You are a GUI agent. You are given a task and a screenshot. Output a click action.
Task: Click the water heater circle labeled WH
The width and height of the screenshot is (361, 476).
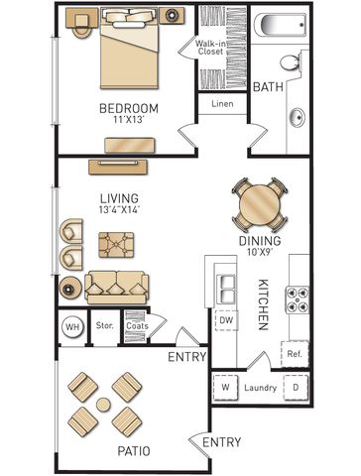tap(72, 327)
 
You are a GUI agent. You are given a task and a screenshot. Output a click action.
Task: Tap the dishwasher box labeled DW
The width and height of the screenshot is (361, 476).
tap(226, 320)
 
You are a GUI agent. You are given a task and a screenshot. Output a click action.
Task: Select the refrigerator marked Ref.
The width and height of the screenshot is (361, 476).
tap(295, 354)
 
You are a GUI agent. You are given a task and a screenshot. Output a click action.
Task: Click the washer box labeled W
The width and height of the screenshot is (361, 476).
tap(225, 387)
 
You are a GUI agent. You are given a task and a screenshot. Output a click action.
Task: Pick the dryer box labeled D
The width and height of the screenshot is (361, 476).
tap(296, 387)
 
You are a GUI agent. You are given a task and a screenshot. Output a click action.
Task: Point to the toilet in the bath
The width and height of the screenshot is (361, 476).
tap(291, 61)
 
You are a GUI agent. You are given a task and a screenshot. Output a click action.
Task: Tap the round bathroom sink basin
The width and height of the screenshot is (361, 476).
tap(298, 118)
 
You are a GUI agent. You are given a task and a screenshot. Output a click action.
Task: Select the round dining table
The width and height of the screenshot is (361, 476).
tap(260, 205)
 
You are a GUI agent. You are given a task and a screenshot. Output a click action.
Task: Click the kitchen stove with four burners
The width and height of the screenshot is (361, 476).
tap(298, 299)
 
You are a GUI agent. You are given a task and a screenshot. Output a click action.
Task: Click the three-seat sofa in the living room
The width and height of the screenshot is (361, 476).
tap(116, 288)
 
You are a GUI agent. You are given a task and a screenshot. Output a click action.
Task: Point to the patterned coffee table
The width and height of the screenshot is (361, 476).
tap(116, 245)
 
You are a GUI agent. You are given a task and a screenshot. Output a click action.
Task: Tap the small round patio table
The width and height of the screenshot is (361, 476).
tap(103, 404)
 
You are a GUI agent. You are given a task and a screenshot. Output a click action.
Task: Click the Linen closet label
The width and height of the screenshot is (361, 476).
tap(222, 104)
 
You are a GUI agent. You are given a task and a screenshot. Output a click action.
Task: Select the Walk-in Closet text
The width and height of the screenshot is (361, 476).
tap(210, 48)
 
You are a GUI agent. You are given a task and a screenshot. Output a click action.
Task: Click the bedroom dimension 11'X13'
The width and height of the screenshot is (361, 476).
tap(129, 120)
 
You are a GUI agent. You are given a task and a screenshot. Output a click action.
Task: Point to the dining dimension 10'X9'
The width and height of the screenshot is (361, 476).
tap(260, 252)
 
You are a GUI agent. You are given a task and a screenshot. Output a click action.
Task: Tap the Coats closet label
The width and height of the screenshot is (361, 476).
tap(137, 326)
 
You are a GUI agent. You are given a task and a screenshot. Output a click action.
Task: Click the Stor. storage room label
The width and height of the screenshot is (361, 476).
tap(105, 325)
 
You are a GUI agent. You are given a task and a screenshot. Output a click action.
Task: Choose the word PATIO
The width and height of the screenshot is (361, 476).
tap(134, 451)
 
